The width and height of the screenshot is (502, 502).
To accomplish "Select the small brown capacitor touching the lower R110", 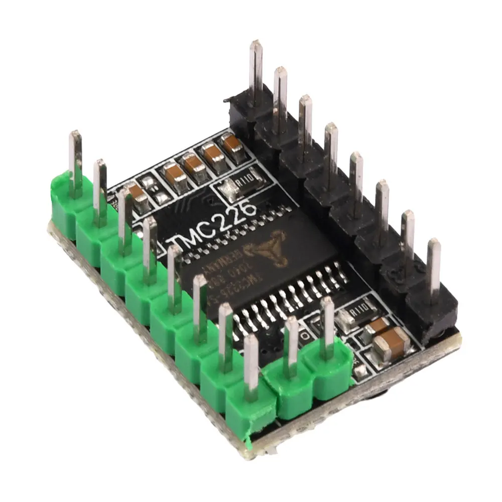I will tap(378, 325).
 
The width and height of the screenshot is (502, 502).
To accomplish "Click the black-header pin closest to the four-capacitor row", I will tap(256, 70).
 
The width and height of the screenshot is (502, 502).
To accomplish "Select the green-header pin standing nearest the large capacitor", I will tap(327, 326).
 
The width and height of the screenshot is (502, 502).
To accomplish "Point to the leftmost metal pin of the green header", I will tap(76, 161).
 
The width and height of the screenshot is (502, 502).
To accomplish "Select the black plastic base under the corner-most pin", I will tap(432, 314).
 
